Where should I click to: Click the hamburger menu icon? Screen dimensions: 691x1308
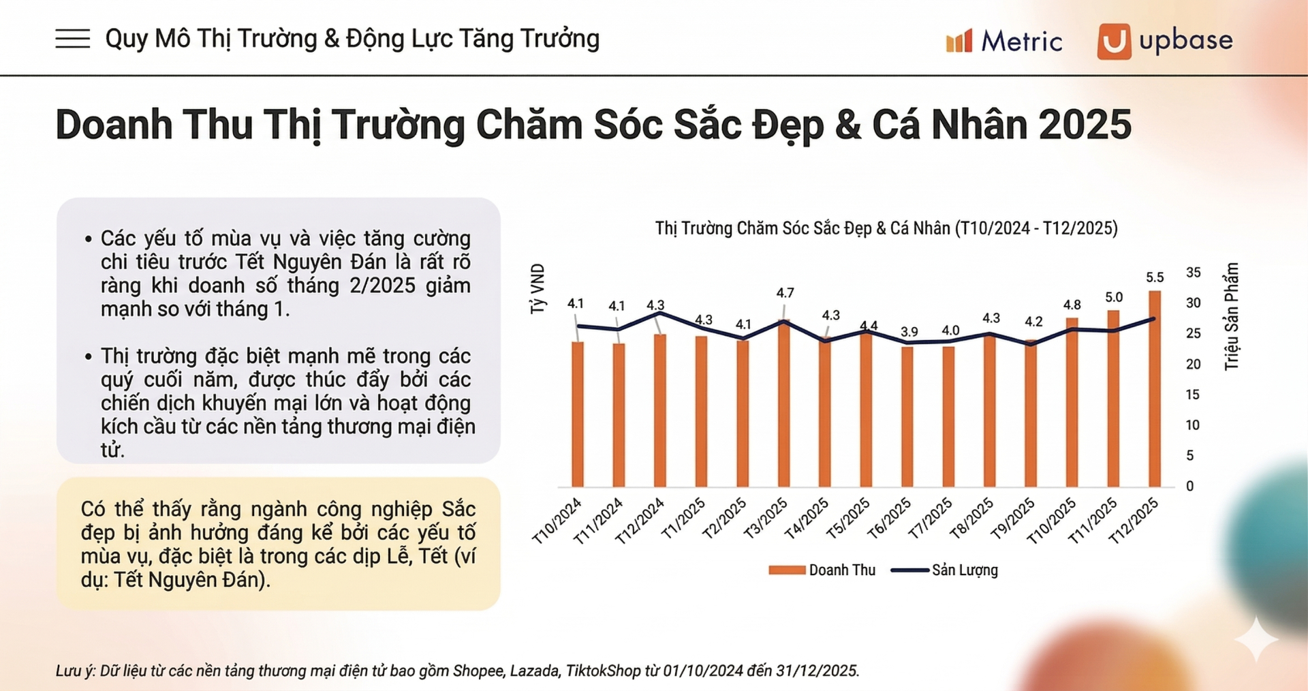coord(72,39)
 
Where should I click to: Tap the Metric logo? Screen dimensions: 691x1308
coord(1004,42)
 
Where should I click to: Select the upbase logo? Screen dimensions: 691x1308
coord(1165,41)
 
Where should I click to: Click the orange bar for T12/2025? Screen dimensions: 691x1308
coord(1155,388)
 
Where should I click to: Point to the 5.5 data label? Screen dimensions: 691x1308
coord(1155,277)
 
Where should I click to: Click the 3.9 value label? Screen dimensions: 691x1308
coord(909,332)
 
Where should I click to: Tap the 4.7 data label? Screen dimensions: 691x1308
coord(785,293)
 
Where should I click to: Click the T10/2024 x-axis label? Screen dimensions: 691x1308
coord(557,521)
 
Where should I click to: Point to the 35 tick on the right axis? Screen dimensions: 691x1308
coord(1193,273)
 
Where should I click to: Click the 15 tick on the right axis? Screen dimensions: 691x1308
coord(1192,395)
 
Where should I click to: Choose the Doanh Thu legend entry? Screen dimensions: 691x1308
coord(822,570)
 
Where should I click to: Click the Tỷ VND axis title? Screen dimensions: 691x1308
coord(538,289)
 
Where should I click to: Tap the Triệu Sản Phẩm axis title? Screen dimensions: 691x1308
coord(1231,317)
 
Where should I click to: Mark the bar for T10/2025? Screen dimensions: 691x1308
coord(1072,402)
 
